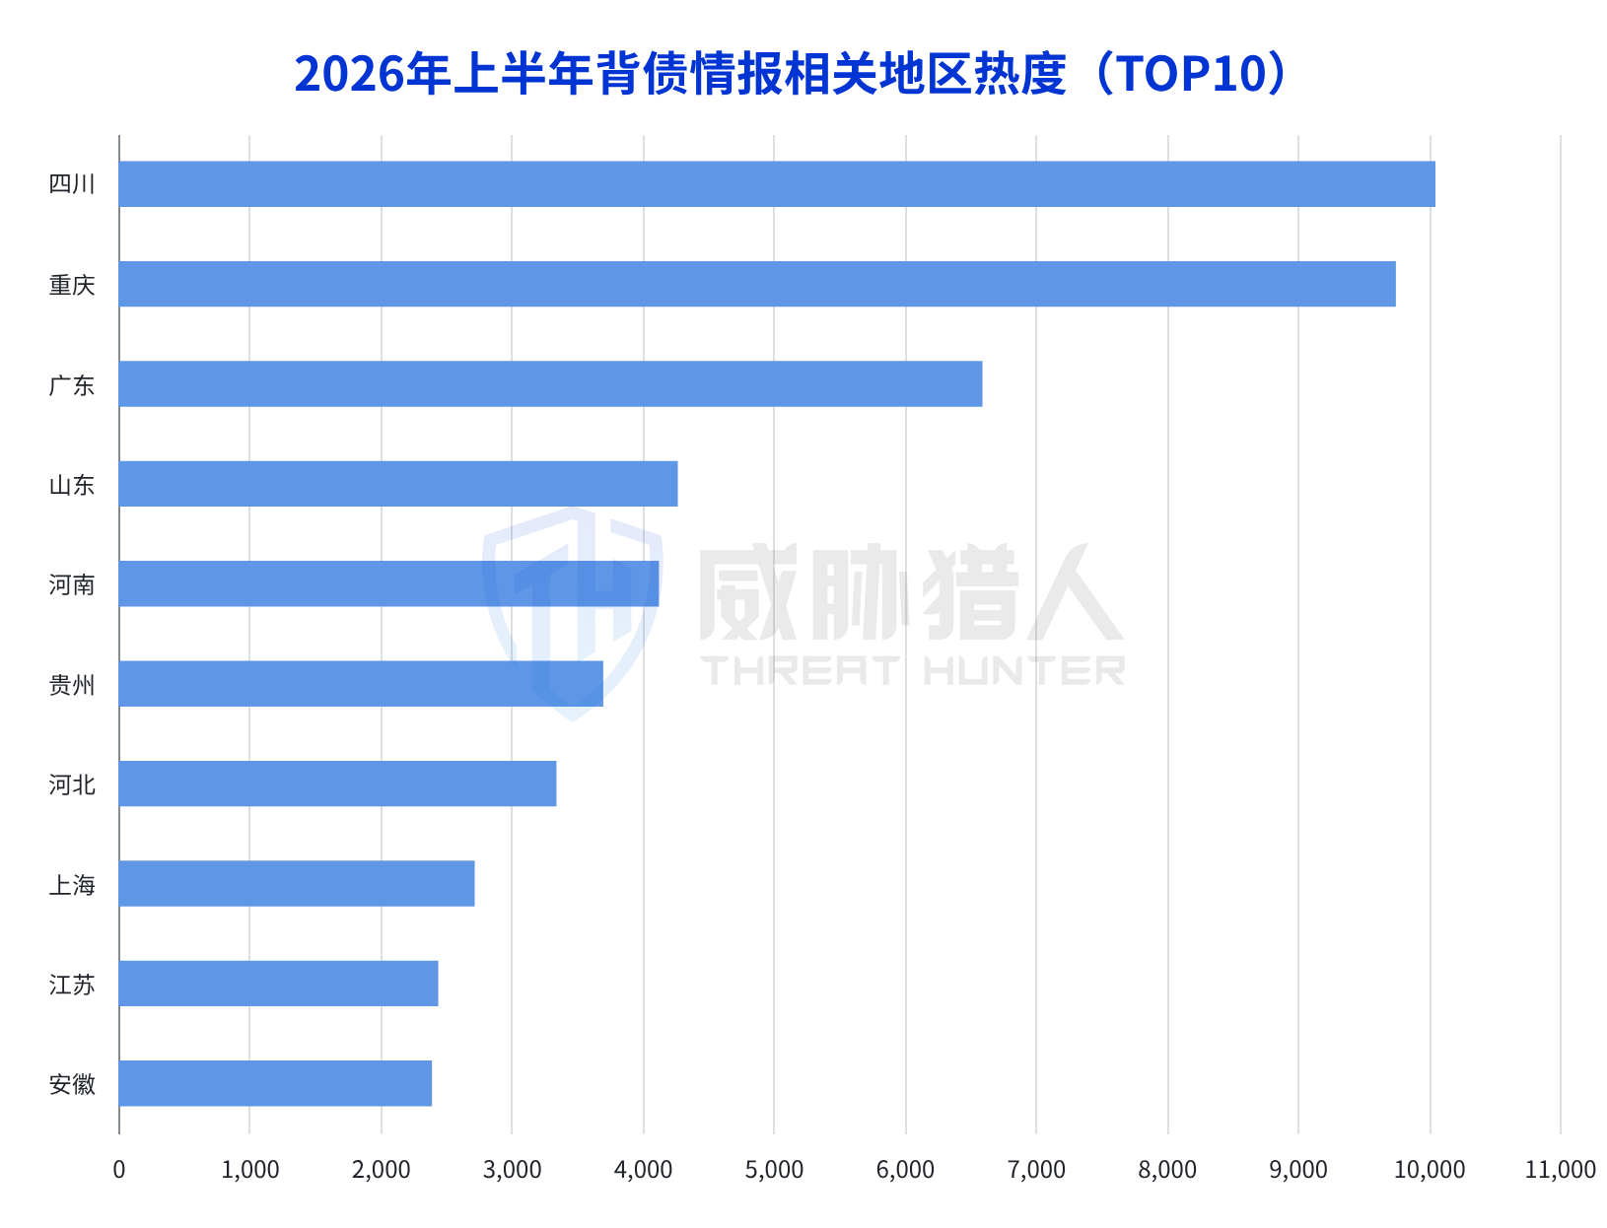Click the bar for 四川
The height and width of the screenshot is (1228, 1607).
click(776, 183)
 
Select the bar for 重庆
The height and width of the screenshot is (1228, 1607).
click(756, 284)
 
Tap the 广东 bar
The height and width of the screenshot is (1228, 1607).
click(550, 383)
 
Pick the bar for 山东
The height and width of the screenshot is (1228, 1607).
click(397, 484)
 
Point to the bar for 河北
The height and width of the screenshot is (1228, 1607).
click(337, 784)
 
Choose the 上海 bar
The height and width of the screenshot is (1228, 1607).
click(297, 883)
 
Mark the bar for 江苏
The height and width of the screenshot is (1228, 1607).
click(278, 984)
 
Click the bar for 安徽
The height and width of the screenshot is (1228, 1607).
click(274, 1083)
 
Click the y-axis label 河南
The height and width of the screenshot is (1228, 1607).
click(72, 584)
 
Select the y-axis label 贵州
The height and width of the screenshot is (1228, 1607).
click(72, 685)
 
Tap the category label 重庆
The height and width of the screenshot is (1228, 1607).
click(72, 285)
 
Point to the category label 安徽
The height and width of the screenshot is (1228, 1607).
click(72, 1084)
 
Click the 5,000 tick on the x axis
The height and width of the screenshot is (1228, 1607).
click(773, 1170)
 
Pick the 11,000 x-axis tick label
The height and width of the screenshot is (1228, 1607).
click(1560, 1170)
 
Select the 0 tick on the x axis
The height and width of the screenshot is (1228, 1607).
click(118, 1170)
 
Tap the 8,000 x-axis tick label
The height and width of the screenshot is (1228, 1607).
click(1166, 1170)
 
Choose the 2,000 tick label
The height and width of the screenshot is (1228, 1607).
click(381, 1170)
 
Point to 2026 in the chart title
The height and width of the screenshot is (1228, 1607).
click(349, 74)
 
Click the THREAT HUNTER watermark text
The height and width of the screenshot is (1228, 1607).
click(912, 670)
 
